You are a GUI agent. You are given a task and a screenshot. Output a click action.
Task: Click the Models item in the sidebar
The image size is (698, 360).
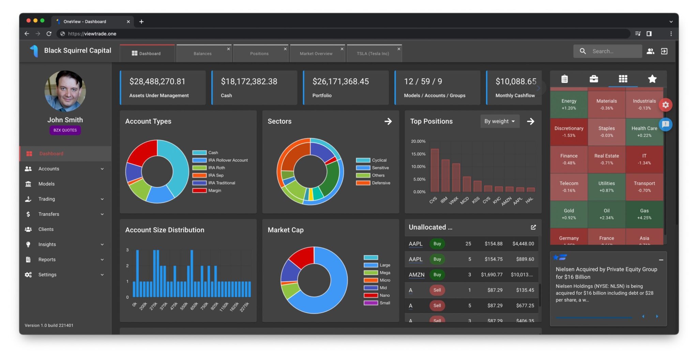[46, 184]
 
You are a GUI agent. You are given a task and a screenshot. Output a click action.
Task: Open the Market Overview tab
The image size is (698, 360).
[316, 53]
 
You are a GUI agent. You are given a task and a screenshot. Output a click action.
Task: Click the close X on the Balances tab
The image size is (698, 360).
[228, 49]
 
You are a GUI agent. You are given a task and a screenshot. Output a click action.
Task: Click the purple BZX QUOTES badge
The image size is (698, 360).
[65, 130]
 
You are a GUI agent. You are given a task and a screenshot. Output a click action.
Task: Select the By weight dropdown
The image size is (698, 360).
[499, 121]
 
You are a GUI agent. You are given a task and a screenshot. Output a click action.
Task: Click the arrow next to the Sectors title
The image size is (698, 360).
[388, 121]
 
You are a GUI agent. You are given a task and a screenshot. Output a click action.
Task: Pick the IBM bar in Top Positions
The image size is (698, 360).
[445, 175]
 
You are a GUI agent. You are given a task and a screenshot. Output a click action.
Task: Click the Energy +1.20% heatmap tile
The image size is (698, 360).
[568, 104]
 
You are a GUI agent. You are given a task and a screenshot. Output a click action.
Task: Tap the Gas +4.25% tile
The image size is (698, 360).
[644, 214]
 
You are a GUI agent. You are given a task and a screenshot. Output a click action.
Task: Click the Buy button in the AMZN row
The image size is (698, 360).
[437, 275]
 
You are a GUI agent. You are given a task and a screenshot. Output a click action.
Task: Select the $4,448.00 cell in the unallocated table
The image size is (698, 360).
[523, 244]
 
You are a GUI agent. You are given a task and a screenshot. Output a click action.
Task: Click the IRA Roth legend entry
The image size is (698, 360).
[216, 168]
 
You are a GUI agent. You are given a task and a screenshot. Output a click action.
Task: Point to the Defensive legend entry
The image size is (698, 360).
[381, 183]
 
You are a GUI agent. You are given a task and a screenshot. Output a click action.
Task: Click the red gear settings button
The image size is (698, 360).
[665, 105]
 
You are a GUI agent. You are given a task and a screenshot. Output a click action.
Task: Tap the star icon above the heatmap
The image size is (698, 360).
[652, 79]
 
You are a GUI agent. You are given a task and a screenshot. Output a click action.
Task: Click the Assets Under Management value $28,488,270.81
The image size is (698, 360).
[157, 81]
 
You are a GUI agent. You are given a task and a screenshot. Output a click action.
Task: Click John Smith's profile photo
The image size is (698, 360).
[65, 91]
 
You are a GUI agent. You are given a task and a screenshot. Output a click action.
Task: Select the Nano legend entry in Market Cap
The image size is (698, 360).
[384, 295]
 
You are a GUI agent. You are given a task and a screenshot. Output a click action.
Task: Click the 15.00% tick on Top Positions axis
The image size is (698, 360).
[418, 154]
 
